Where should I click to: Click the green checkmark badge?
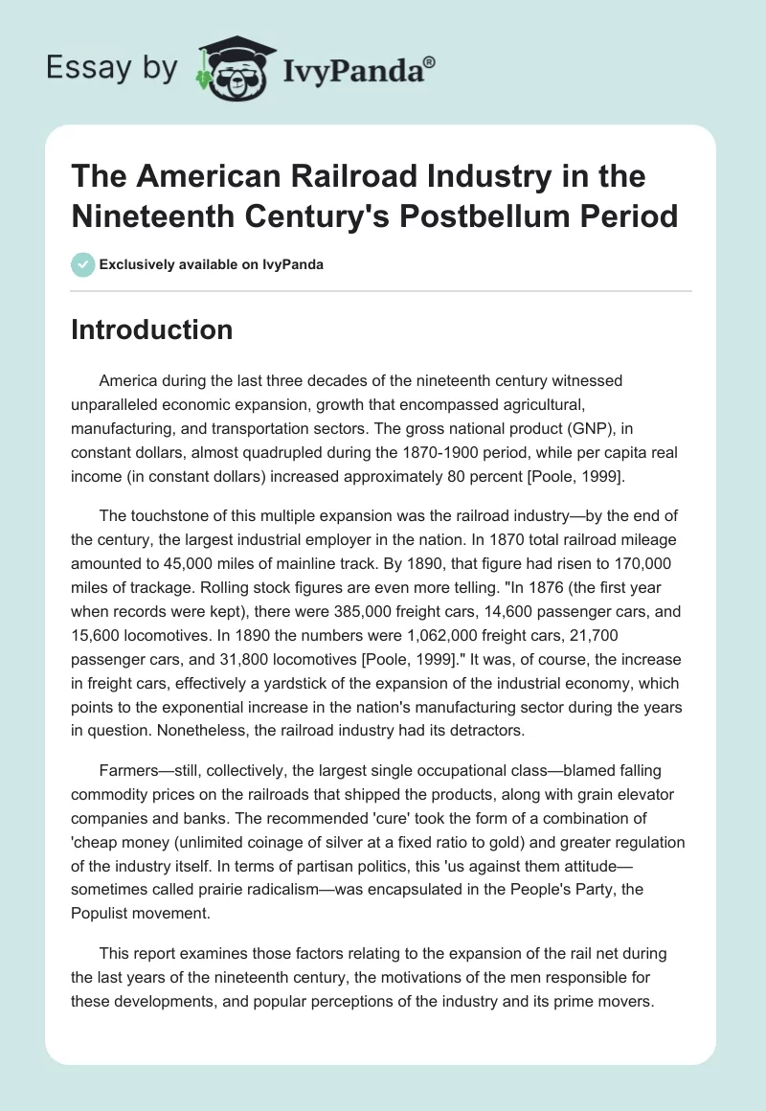81,264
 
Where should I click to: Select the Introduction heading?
152,330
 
